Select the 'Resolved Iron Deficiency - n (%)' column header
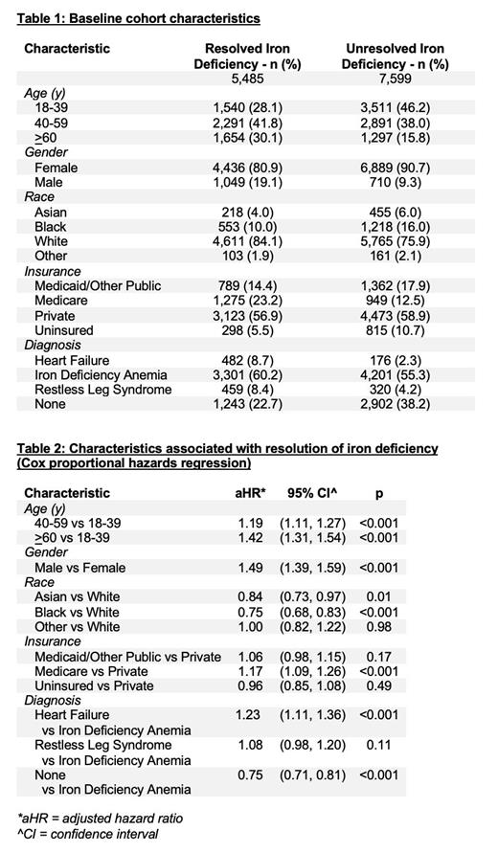tap(247, 56)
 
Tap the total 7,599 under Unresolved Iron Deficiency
tap(395, 79)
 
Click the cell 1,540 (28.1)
tap(247, 108)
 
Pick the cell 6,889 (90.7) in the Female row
tap(395, 168)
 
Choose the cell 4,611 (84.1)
tap(247, 241)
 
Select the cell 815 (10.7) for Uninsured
tap(395, 330)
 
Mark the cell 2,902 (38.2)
tap(395, 404)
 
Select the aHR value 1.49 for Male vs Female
tap(250, 568)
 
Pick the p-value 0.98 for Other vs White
tap(380, 627)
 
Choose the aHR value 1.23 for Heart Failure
tap(250, 715)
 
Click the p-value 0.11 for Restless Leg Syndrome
tap(380, 745)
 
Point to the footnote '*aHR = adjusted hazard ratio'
tap(100, 819)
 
